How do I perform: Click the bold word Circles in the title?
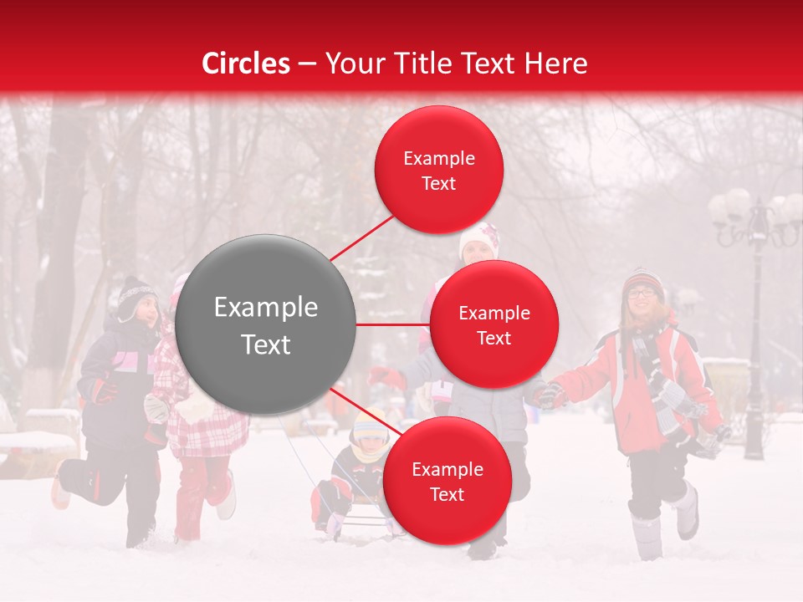coord(245,64)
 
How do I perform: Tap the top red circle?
coord(438,170)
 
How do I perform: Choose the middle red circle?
coord(494,324)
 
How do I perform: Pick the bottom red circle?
coord(447,481)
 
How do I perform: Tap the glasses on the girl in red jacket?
coord(642,293)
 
